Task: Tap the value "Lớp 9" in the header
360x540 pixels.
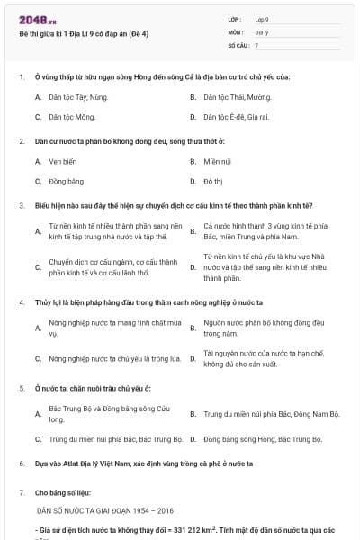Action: [x=262, y=18]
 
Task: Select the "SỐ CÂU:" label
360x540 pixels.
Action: [x=237, y=44]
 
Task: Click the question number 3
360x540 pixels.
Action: [x=21, y=205]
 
